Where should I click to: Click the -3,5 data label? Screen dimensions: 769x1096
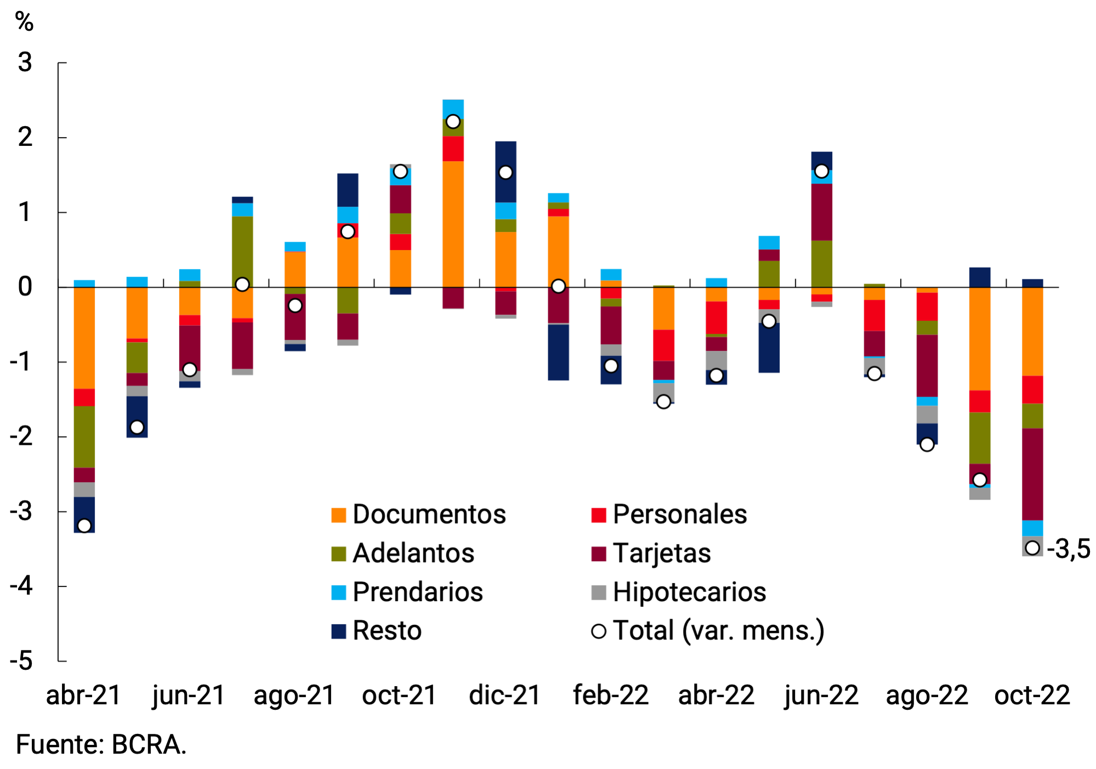click(1068, 549)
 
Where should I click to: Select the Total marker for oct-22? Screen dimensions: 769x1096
click(1032, 547)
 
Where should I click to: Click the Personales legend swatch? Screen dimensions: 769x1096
click(599, 515)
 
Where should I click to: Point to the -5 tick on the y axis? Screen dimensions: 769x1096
click(22, 661)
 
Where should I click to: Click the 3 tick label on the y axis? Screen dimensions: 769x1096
click(25, 63)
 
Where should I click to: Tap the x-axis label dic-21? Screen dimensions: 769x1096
click(505, 695)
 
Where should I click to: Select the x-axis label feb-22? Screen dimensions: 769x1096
click(611, 695)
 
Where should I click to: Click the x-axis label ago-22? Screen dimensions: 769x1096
click(927, 695)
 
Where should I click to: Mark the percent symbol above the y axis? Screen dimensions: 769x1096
click(24, 22)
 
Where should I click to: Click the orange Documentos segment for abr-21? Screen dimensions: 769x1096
click(84, 337)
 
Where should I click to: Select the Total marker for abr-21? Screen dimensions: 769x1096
click(84, 525)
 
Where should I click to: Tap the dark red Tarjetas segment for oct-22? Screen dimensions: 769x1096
click(1032, 474)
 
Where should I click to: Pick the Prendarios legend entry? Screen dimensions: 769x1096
click(417, 592)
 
